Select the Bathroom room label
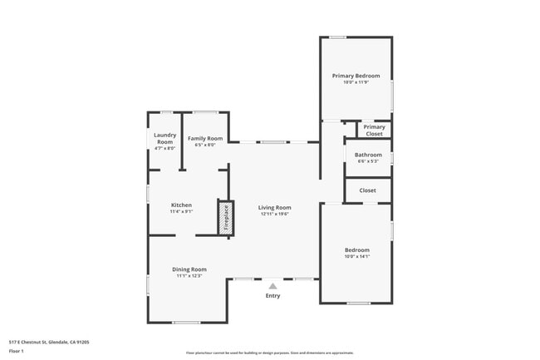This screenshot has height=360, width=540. (x=368, y=155)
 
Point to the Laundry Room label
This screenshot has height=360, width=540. (x=164, y=138)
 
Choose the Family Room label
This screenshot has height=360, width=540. (x=204, y=138)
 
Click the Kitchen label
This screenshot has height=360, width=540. (x=181, y=205)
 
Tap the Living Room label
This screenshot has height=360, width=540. (x=274, y=207)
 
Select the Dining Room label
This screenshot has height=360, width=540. (x=189, y=269)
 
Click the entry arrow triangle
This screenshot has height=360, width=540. (x=272, y=285)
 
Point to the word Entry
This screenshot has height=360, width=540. (x=272, y=296)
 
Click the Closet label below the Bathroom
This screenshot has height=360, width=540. (x=367, y=190)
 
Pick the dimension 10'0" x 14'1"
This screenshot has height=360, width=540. (x=357, y=256)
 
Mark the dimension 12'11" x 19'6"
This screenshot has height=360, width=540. (x=274, y=214)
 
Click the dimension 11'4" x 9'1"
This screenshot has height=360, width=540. (x=181, y=211)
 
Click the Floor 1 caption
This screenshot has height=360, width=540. (x=17, y=351)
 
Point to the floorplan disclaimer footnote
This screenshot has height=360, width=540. (x=269, y=353)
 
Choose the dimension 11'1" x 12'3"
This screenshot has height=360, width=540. (x=189, y=276)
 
